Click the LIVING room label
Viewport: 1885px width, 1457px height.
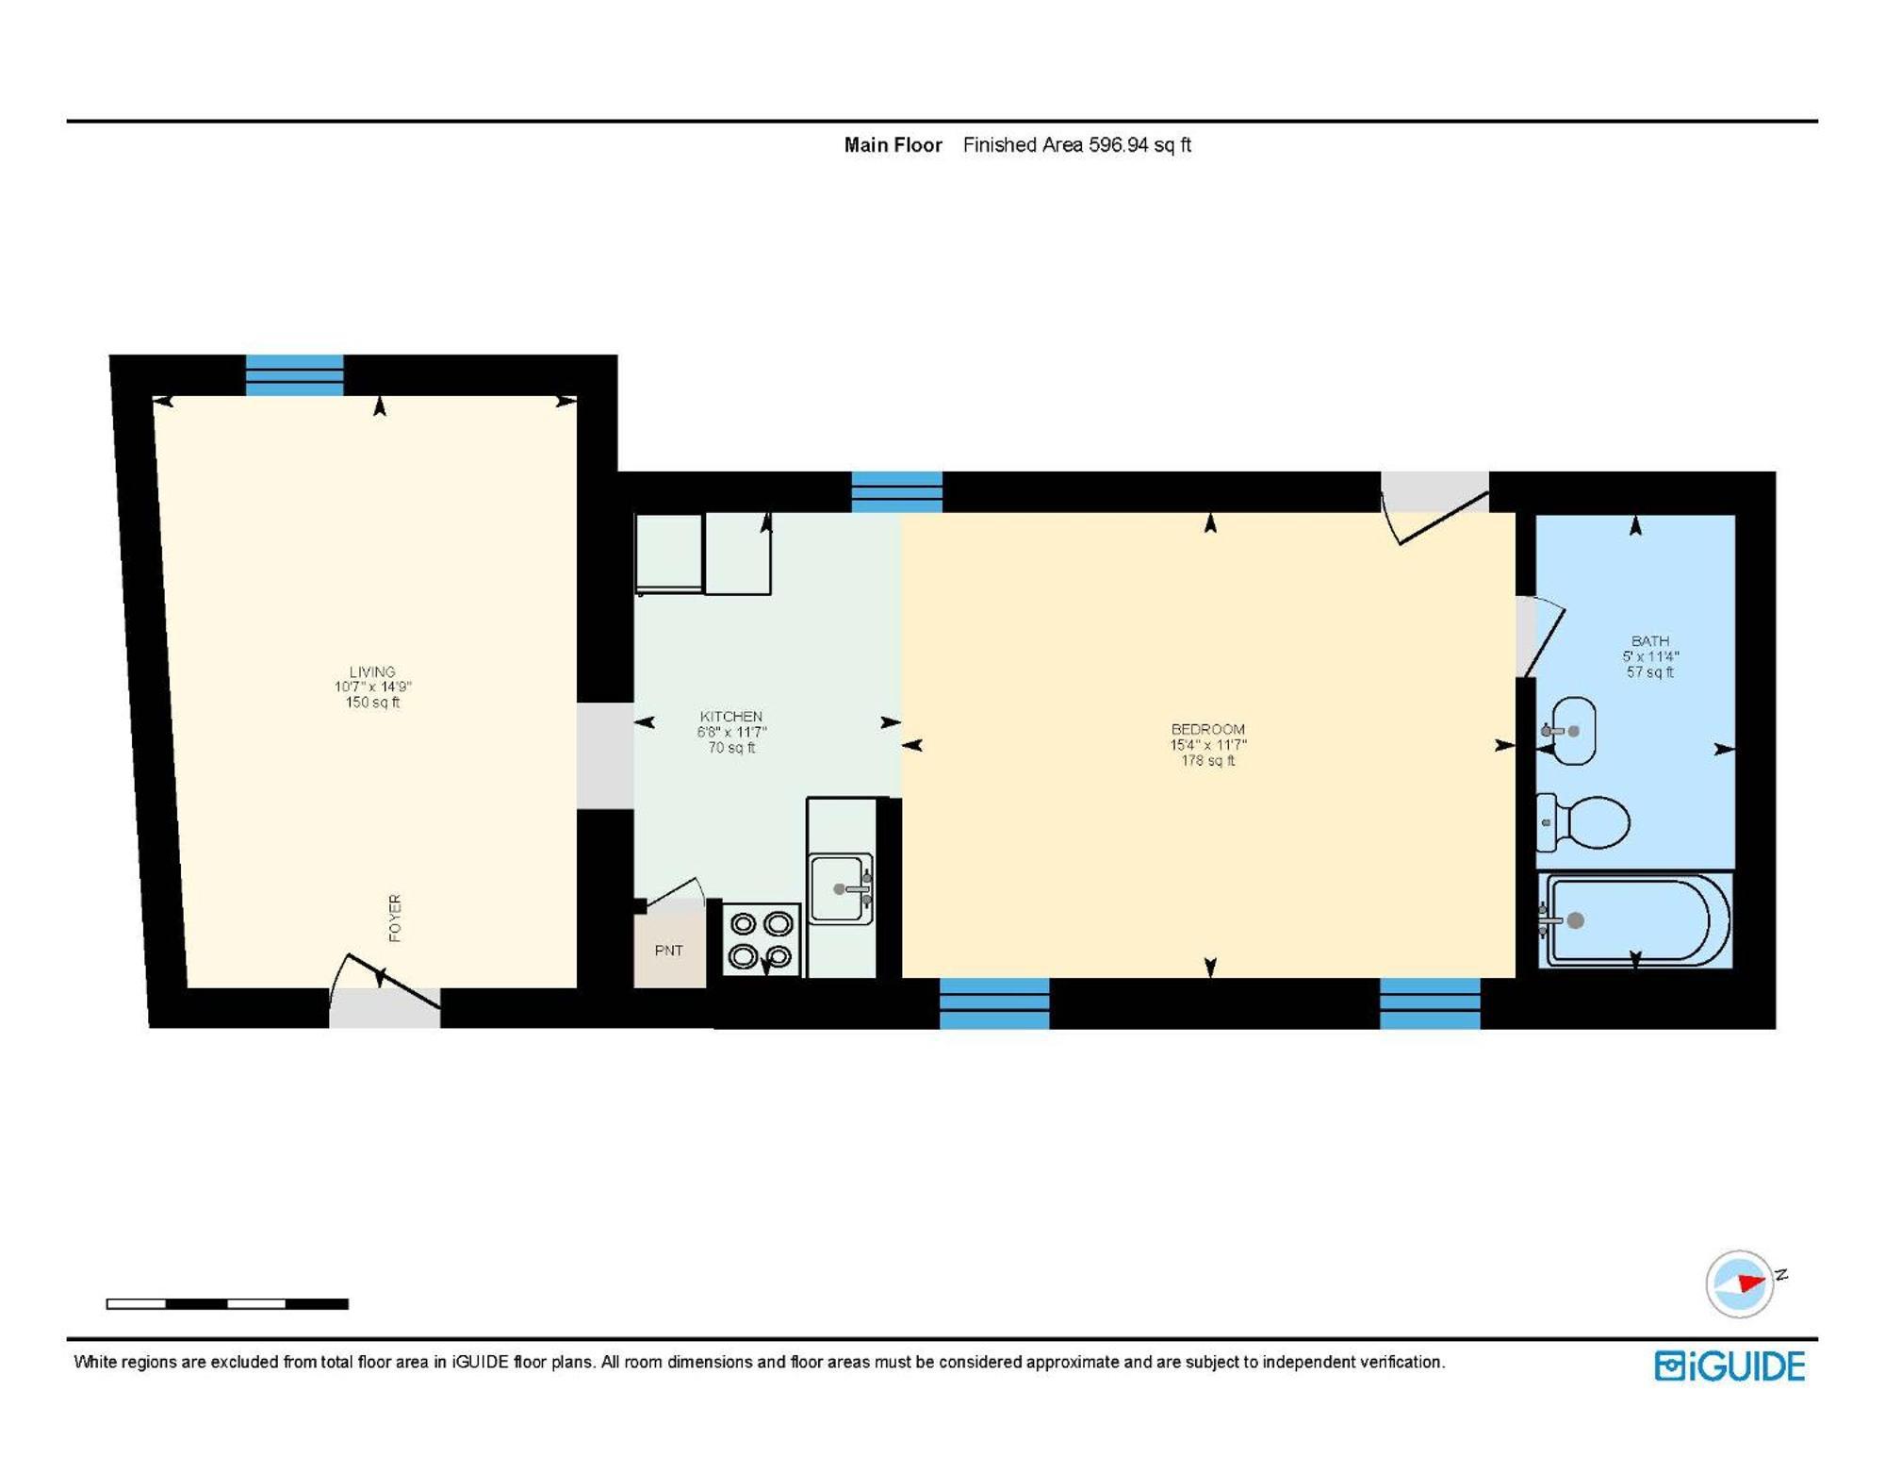point(372,672)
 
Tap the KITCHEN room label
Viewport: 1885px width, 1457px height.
point(731,717)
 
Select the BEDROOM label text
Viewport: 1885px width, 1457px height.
point(1207,729)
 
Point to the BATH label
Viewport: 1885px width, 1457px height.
point(1649,641)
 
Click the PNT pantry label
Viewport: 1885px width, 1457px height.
point(668,951)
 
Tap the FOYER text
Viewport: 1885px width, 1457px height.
point(395,918)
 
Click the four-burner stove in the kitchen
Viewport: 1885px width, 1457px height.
point(761,939)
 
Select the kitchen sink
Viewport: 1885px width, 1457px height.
point(841,888)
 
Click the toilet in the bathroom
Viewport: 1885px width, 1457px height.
point(1585,821)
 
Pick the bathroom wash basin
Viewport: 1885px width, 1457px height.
point(1571,731)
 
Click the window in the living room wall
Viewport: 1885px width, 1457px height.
point(294,375)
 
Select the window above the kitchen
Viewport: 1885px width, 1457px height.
point(896,491)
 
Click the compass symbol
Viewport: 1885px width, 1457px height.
point(1739,1283)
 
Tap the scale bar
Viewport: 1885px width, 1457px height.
point(227,1303)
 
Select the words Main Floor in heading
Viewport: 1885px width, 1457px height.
point(893,145)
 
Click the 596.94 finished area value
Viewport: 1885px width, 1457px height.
point(1118,145)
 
